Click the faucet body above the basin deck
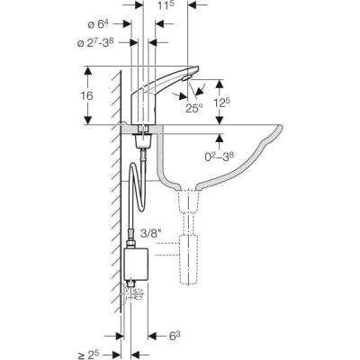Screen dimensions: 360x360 pos(144,103)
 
